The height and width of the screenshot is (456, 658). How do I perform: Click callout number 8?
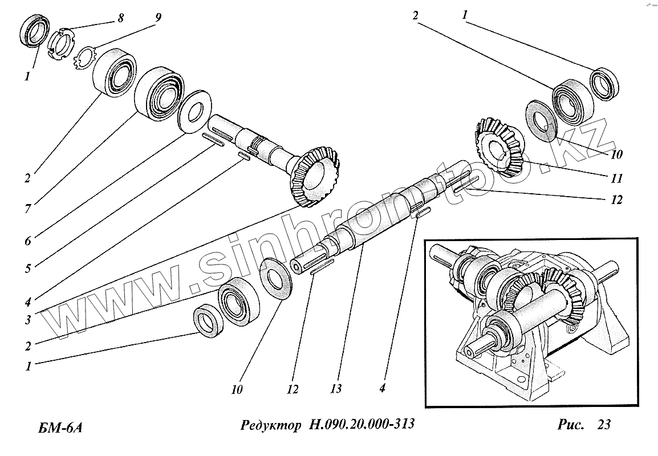pyautogui.click(x=121, y=18)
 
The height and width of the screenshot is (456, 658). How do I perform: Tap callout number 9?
pyautogui.click(x=157, y=18)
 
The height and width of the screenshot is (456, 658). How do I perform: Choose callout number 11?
pyautogui.click(x=615, y=178)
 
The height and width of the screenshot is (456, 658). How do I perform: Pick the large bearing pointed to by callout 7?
pyautogui.click(x=159, y=93)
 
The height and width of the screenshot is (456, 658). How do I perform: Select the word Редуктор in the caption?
pyautogui.click(x=269, y=425)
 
